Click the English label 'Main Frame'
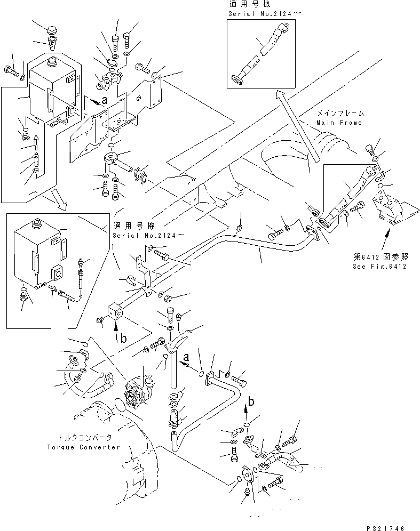[338, 122]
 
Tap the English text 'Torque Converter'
[84, 447]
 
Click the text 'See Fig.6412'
[379, 266]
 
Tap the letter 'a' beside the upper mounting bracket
[105, 99]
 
